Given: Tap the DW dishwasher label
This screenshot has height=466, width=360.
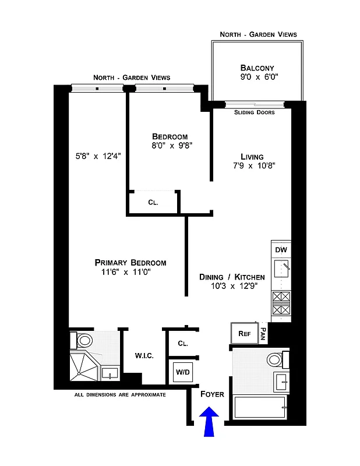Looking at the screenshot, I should (280, 250).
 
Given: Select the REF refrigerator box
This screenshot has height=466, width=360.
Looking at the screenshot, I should (243, 334).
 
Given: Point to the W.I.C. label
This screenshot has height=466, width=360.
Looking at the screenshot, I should (144, 356).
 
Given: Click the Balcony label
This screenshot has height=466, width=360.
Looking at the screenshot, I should (257, 68).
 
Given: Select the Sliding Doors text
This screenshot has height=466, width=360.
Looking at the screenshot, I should (254, 112).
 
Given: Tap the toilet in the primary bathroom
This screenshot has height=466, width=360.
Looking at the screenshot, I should (83, 340).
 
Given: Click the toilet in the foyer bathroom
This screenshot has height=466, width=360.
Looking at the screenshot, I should (276, 359).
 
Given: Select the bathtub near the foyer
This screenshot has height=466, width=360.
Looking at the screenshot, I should (260, 407).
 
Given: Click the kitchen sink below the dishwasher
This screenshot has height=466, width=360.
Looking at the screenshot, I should (281, 270).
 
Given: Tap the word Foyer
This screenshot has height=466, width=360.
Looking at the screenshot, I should (212, 394).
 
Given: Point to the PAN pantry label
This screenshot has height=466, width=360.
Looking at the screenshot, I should (263, 333).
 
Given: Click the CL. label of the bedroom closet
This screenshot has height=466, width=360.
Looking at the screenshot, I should (153, 203).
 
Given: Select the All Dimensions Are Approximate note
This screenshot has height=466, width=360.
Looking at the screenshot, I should (120, 395).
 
